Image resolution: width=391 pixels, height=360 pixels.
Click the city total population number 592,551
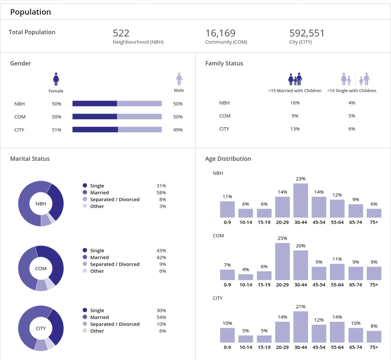(x=307, y=33)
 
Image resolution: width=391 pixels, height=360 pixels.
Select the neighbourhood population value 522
(x=121, y=33)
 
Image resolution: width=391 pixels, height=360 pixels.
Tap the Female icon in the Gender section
(x=56, y=79)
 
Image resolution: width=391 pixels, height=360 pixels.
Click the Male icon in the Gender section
(x=179, y=79)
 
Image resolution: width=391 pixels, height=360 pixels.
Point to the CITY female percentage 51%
(x=56, y=130)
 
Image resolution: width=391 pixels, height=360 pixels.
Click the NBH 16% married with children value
(x=295, y=103)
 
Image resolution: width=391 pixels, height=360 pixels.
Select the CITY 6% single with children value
(x=352, y=129)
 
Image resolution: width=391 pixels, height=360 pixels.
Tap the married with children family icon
(x=295, y=79)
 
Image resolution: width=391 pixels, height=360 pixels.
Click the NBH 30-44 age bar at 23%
(x=300, y=200)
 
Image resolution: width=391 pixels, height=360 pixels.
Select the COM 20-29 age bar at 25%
(x=282, y=261)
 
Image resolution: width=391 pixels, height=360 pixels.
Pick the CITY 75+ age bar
(x=374, y=337)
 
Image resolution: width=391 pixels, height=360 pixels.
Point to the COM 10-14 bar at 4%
(x=246, y=277)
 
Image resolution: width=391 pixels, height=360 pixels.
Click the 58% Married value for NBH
(x=161, y=193)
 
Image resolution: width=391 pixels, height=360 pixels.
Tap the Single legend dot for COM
(x=85, y=250)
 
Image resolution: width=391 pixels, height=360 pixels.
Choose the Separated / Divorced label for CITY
(x=115, y=324)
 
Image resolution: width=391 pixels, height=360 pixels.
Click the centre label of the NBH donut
(x=41, y=204)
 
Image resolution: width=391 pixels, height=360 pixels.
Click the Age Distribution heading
(x=228, y=159)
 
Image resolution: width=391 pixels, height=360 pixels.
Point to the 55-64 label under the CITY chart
(x=337, y=347)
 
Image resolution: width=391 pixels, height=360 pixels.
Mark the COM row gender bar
(x=117, y=117)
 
